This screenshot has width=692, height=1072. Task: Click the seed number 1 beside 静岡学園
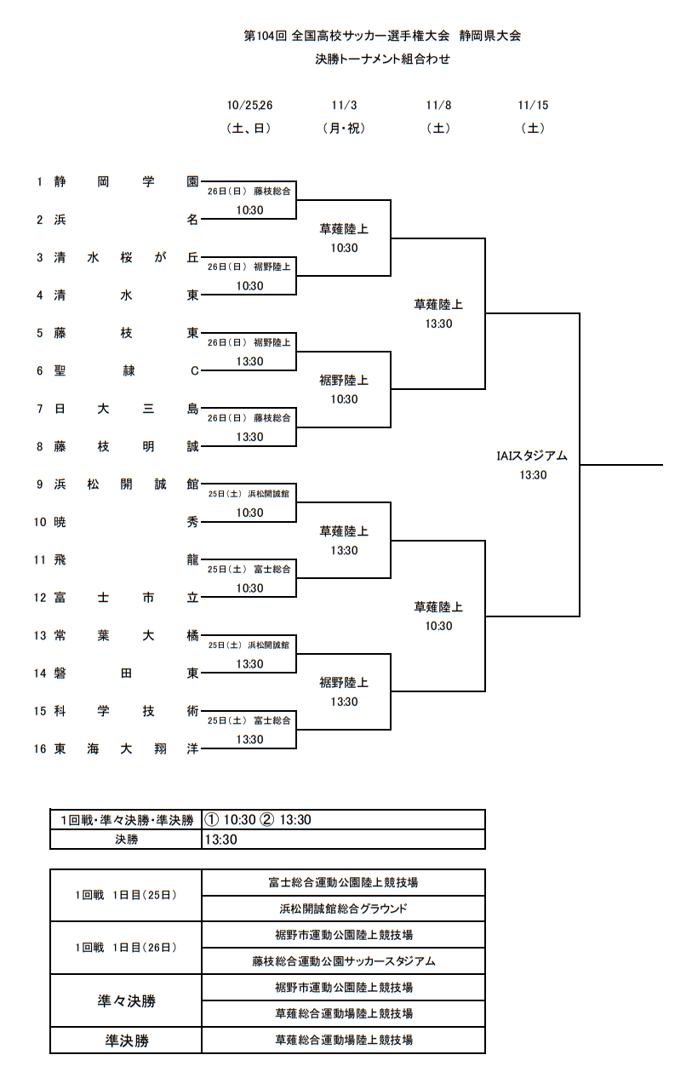pyautogui.click(x=39, y=181)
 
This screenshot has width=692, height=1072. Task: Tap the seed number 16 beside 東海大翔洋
pyautogui.click(x=39, y=749)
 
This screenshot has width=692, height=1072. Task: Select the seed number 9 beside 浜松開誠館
pyautogui.click(x=39, y=484)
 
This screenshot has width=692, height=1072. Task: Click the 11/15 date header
pyautogui.click(x=533, y=106)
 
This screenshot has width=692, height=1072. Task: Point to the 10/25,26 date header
pyautogui.click(x=249, y=106)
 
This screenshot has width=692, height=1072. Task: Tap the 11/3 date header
pyautogui.click(x=344, y=106)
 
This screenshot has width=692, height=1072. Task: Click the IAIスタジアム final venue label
pyautogui.click(x=533, y=456)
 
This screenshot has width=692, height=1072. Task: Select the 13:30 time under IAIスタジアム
pyautogui.click(x=533, y=475)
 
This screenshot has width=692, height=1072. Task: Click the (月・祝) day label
pyautogui.click(x=344, y=129)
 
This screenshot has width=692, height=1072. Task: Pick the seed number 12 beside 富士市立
pyautogui.click(x=39, y=598)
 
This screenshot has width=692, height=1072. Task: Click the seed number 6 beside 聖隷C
pyautogui.click(x=39, y=370)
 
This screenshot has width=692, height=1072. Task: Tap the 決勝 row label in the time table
pyautogui.click(x=126, y=840)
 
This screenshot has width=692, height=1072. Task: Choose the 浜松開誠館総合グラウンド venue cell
pyautogui.click(x=343, y=909)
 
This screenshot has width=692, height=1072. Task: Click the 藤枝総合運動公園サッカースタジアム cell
pyautogui.click(x=343, y=961)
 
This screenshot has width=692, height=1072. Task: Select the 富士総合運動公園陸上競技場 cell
pyautogui.click(x=343, y=883)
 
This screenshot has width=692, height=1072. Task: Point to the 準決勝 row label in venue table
pyautogui.click(x=126, y=1040)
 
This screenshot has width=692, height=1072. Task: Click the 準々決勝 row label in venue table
pyautogui.click(x=126, y=1001)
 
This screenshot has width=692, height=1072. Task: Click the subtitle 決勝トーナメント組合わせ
pyautogui.click(x=382, y=60)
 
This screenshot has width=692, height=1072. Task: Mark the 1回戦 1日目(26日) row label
pyautogui.click(x=126, y=948)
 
